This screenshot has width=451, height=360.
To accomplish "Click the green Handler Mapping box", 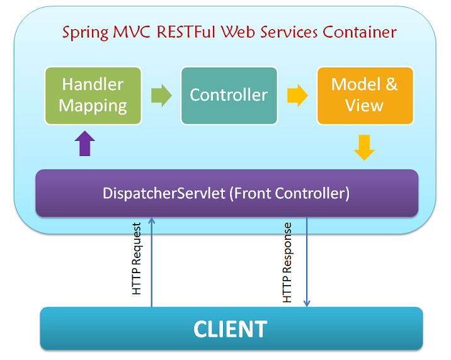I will (x=93, y=95).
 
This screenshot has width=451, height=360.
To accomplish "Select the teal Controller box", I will (x=229, y=95).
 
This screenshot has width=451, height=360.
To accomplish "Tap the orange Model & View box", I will (x=365, y=95).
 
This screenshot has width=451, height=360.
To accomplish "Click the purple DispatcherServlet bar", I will (x=226, y=193).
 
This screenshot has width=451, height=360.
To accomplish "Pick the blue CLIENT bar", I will (x=231, y=329).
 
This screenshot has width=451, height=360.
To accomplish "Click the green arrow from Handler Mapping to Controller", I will (x=161, y=96).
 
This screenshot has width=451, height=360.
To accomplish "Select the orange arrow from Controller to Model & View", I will (x=297, y=96).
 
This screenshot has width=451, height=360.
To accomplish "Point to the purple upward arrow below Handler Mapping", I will (x=86, y=143).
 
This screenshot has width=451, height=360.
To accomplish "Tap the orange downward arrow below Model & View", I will (x=363, y=147).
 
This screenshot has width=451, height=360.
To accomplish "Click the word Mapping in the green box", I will (x=93, y=106).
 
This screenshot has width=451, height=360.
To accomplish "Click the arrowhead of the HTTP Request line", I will (x=151, y=220).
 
